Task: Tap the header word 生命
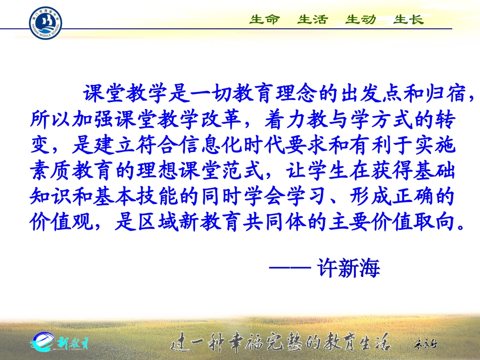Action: [264, 20]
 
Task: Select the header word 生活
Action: [312, 20]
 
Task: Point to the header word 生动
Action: [360, 20]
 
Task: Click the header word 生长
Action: [408, 20]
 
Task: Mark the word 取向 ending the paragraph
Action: [438, 223]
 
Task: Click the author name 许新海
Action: [349, 268]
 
